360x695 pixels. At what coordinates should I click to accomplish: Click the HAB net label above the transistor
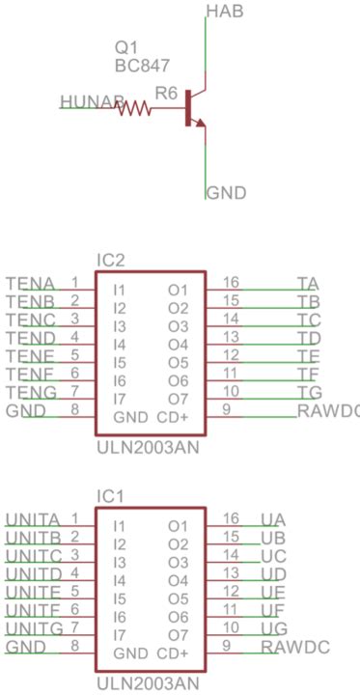click(225, 12)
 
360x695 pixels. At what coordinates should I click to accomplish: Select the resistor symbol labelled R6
click(135, 109)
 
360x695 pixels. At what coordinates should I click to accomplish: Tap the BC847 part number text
click(142, 66)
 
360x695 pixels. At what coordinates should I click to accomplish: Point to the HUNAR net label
click(92, 101)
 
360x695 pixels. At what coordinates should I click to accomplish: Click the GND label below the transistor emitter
click(226, 192)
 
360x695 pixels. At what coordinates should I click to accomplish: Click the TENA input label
click(29, 283)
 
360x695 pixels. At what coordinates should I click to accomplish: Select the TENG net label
click(30, 392)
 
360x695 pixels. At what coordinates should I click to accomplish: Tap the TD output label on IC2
click(309, 338)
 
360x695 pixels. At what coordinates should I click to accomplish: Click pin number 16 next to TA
click(231, 283)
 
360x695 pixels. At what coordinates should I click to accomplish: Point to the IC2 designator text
click(111, 261)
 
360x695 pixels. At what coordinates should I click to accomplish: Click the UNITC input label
click(34, 556)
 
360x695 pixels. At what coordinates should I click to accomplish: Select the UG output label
click(273, 628)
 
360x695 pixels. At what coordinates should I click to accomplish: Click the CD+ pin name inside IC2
click(172, 417)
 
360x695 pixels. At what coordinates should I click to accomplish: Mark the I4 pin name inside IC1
click(120, 581)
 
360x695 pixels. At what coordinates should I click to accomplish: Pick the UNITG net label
click(34, 628)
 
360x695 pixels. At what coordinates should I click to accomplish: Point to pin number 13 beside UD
click(231, 574)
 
